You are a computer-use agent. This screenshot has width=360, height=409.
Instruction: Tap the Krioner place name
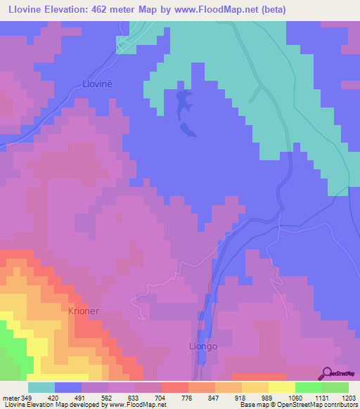[88, 310]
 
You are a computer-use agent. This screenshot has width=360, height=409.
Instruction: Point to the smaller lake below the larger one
[188, 130]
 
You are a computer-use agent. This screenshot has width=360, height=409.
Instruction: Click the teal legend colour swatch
[41, 387]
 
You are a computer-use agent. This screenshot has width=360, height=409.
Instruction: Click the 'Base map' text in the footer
[250, 405]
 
